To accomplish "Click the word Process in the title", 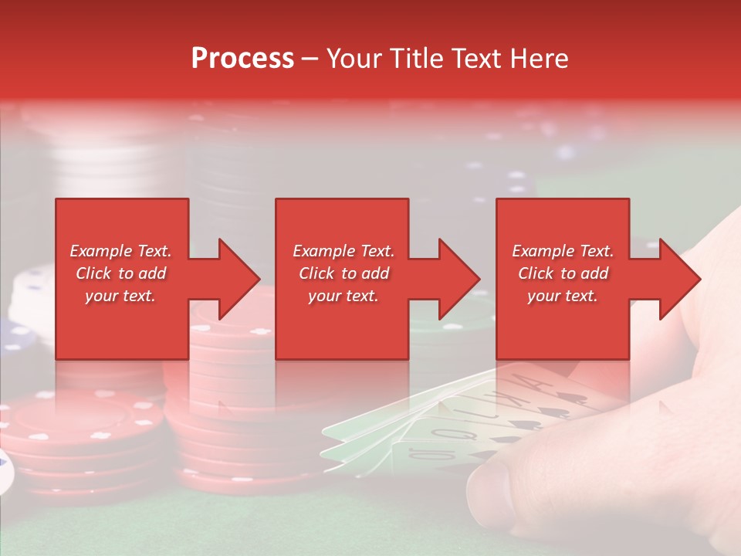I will pyautogui.click(x=242, y=59).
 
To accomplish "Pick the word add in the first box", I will pyautogui.click(x=153, y=273).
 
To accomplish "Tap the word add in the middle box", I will pyautogui.click(x=376, y=273).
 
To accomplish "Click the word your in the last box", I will pyautogui.click(x=544, y=296).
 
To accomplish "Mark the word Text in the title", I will pyautogui.click(x=479, y=59).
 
